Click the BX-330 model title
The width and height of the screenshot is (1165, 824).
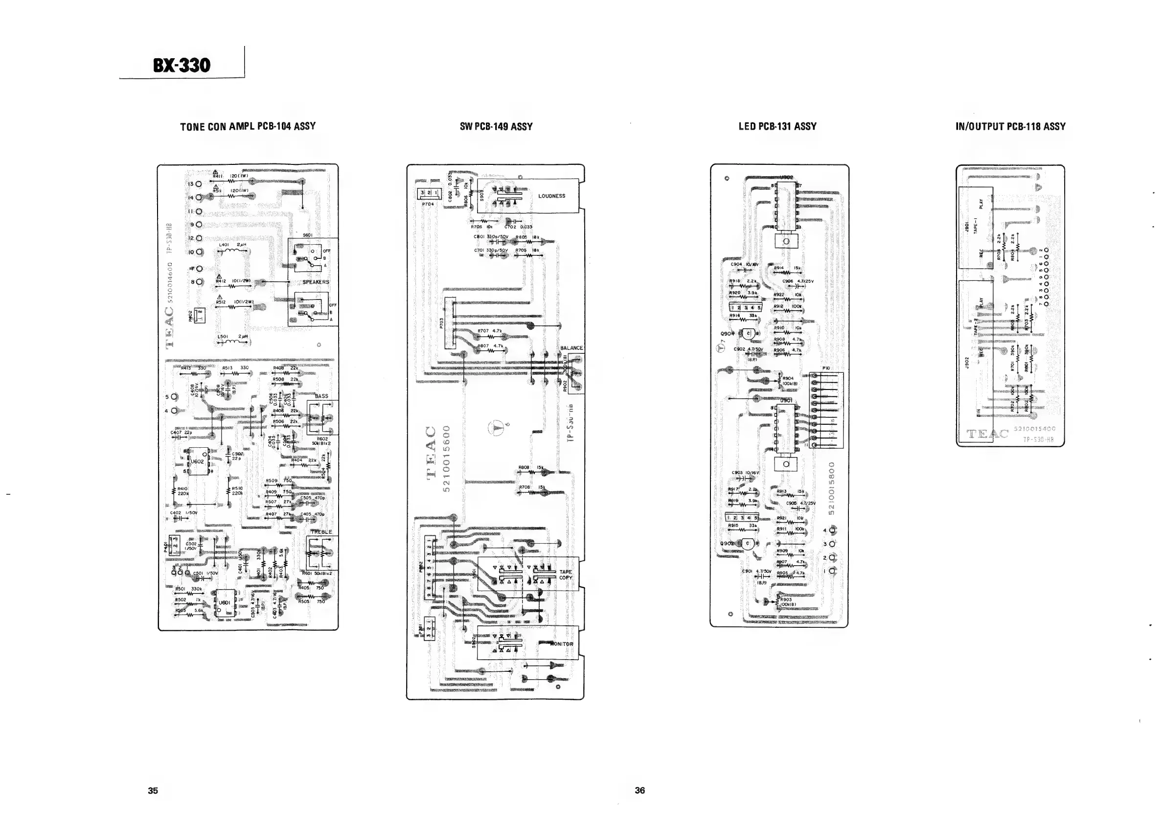[181, 66]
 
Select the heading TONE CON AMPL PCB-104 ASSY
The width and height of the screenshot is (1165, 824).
[248, 126]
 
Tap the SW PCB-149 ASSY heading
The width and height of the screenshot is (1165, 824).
[496, 127]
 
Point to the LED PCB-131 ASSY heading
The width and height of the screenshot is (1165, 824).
[777, 126]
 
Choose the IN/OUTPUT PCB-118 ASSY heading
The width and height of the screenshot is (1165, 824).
[1010, 126]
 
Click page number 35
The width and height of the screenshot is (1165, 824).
[153, 790]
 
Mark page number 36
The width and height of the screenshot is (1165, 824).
[640, 790]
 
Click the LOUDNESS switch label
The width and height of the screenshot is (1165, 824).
[551, 196]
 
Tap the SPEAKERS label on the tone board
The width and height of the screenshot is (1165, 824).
[316, 282]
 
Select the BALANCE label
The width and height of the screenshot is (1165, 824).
[571, 348]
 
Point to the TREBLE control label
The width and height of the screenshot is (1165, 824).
[321, 532]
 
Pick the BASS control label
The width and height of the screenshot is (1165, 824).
[321, 396]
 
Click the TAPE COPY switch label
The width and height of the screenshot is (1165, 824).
[565, 574]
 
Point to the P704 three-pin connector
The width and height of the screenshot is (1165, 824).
[428, 194]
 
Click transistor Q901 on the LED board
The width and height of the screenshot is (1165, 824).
[748, 334]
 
